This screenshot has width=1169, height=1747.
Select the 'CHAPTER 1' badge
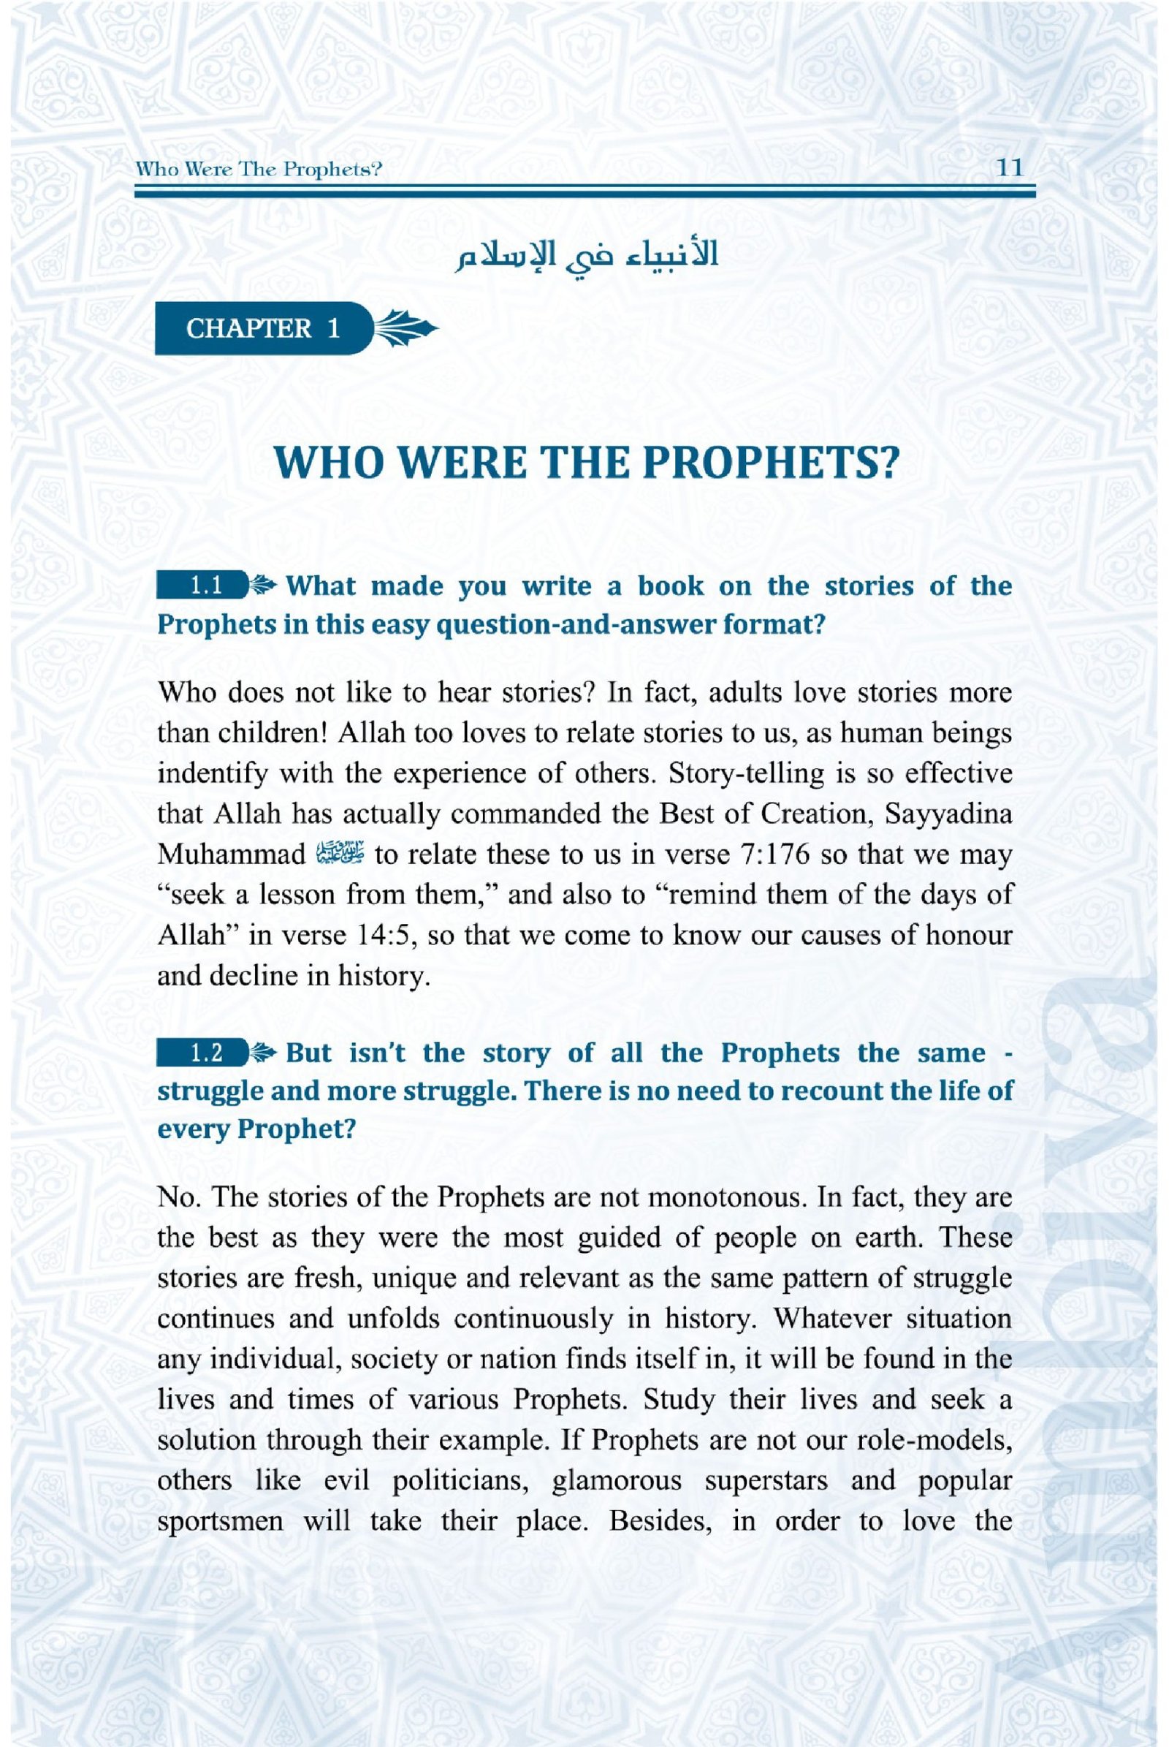click(262, 328)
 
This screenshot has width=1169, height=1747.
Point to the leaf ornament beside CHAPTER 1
click(403, 329)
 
